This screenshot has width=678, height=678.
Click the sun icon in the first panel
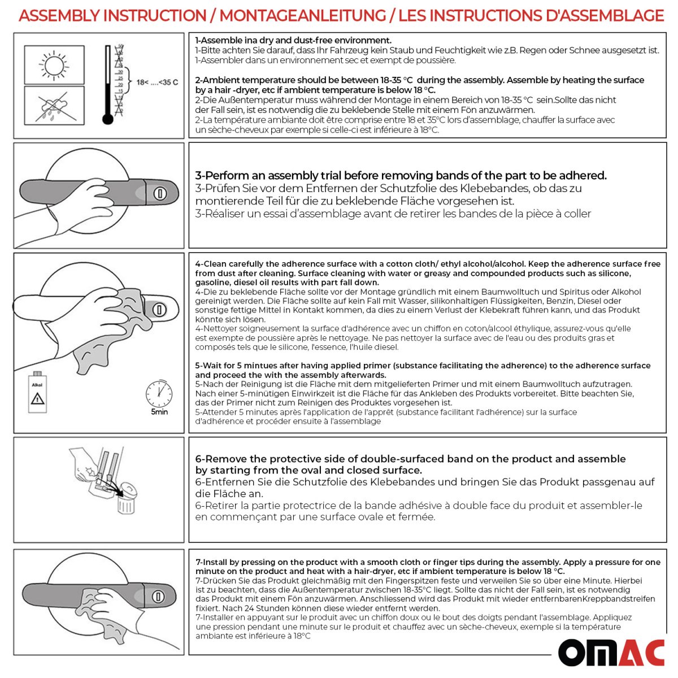point(54,65)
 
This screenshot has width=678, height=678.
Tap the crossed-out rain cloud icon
point(54,106)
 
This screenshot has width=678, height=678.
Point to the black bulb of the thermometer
point(108,119)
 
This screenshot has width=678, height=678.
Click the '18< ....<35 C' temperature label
point(157,82)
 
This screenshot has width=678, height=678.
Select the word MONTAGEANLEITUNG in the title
point(302,16)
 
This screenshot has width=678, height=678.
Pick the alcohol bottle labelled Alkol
point(37,393)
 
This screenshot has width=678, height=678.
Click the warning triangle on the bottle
point(37,399)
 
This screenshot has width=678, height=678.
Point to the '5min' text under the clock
point(159,412)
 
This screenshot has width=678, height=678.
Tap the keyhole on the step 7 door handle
point(158,597)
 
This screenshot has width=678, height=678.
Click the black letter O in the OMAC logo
point(577,654)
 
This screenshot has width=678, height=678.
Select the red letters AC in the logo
point(641,654)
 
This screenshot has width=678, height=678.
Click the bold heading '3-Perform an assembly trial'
point(401,176)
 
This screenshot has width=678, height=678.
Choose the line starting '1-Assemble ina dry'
point(293,41)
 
